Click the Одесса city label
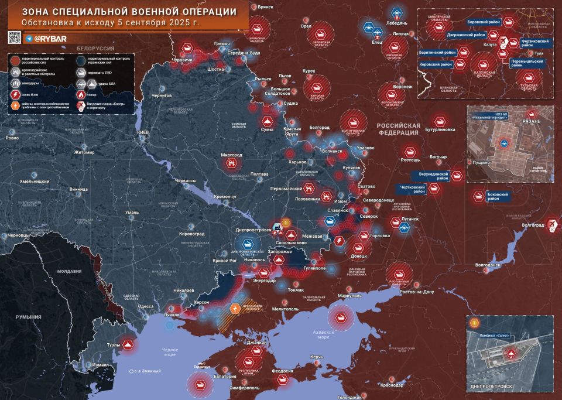click(145, 306)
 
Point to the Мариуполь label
click(349, 296)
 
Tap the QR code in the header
click(15, 37)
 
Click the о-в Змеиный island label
click(146, 371)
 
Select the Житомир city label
click(84, 153)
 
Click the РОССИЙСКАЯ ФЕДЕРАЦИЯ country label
click(398, 129)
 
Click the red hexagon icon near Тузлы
click(128, 345)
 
